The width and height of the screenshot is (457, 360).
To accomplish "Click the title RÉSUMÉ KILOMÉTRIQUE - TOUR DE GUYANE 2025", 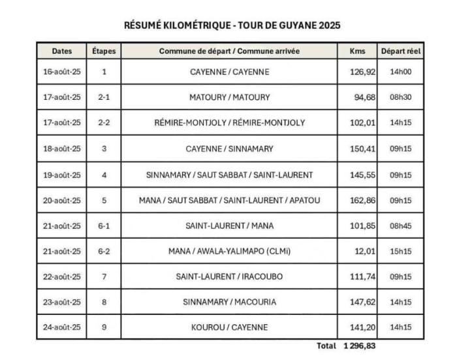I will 232,25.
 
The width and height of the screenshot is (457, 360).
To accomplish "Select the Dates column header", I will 61,51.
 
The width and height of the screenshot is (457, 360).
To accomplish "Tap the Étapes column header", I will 104,51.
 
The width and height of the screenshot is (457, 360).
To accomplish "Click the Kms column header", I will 358,51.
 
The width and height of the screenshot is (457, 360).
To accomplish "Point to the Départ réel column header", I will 401,51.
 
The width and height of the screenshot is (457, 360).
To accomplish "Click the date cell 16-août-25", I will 61,72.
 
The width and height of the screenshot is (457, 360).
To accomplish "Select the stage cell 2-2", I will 104,123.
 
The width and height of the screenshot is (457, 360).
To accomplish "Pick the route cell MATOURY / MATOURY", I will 229,97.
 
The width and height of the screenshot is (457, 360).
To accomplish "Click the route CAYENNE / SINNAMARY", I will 229,149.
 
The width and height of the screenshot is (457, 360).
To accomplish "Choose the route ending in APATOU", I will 229,200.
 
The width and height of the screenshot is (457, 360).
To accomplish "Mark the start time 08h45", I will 401,226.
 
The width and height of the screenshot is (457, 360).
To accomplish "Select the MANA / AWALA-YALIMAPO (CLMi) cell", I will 229,251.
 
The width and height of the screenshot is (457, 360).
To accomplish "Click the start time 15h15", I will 401,251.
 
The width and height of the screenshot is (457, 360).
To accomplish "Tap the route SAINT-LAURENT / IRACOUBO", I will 229,277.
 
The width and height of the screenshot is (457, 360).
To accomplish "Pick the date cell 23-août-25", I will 61,302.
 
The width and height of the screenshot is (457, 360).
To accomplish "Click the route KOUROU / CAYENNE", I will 229,327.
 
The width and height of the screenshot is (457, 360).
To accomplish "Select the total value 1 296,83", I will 360,346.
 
